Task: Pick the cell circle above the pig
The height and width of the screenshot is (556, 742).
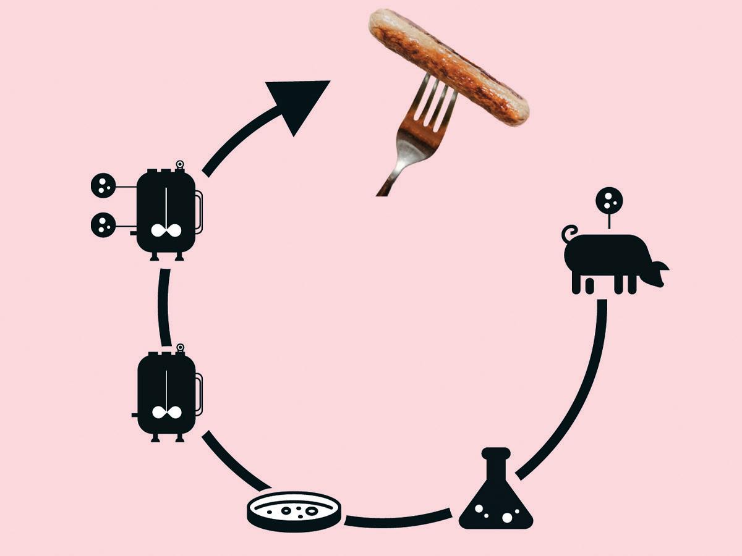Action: (609, 201)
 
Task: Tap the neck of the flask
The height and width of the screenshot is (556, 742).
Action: (495, 466)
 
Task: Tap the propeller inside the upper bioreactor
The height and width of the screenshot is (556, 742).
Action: (166, 230)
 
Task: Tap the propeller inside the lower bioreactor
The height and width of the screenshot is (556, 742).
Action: (166, 413)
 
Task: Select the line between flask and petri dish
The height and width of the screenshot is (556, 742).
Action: (399, 519)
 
